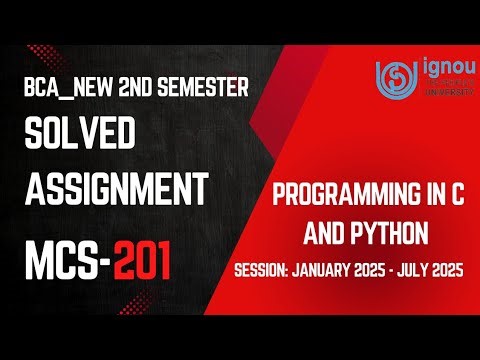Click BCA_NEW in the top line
point(62,88)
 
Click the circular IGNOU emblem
point(391,76)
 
